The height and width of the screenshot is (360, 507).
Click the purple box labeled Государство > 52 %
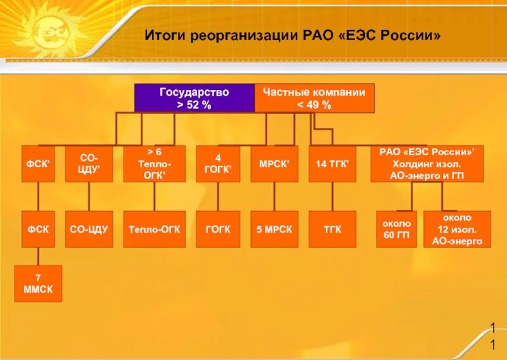point(194,98)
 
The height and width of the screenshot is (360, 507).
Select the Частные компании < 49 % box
point(314,98)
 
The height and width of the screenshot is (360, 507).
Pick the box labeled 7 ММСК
point(38,283)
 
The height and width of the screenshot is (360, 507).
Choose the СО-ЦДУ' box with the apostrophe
point(89,164)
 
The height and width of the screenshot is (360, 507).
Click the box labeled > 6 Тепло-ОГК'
point(155,164)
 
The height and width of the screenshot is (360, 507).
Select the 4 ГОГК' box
point(217,164)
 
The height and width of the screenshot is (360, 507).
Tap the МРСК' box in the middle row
point(274,164)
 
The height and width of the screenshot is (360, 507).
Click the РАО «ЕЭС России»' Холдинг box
point(427,164)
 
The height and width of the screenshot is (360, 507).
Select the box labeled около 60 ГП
point(396,229)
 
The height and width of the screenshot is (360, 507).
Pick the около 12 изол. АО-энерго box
point(457,229)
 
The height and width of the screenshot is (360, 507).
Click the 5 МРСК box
point(274,229)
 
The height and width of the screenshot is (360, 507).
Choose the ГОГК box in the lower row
point(217,229)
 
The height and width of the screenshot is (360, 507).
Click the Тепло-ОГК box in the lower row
point(155,229)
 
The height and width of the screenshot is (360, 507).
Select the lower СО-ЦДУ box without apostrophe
point(89,229)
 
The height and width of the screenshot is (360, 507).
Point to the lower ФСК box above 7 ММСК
point(38,229)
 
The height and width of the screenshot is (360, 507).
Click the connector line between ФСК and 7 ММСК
point(38,256)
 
